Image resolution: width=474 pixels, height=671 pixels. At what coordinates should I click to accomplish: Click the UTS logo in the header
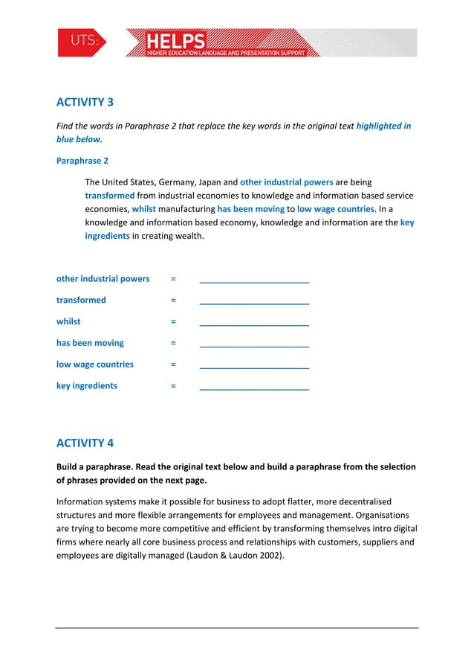pos(82,43)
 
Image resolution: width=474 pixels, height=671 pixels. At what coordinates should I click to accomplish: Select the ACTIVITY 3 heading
pos(85,102)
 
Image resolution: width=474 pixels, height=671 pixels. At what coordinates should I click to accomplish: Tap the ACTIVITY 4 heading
pos(85,443)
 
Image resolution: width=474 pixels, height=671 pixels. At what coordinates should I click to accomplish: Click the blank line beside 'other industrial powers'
pos(254,280)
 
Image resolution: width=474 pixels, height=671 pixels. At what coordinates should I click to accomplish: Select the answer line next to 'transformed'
pos(254,302)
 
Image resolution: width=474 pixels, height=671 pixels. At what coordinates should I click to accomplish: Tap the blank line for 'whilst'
pos(254,324)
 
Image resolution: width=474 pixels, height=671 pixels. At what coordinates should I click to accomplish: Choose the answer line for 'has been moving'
pos(254,345)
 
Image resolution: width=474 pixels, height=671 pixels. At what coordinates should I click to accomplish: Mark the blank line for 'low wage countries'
pos(254,367)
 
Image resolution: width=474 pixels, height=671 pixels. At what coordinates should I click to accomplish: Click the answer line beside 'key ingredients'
pos(254,388)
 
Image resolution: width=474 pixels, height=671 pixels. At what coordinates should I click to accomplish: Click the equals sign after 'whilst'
pos(173,322)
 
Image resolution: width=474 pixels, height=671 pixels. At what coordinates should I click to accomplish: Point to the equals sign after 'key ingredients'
pos(173,386)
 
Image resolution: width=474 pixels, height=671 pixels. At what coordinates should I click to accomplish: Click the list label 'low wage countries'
pos(95,365)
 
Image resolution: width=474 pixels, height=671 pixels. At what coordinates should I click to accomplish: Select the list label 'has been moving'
pos(90,343)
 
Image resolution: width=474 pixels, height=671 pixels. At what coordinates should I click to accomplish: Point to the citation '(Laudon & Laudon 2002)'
pos(236,556)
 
